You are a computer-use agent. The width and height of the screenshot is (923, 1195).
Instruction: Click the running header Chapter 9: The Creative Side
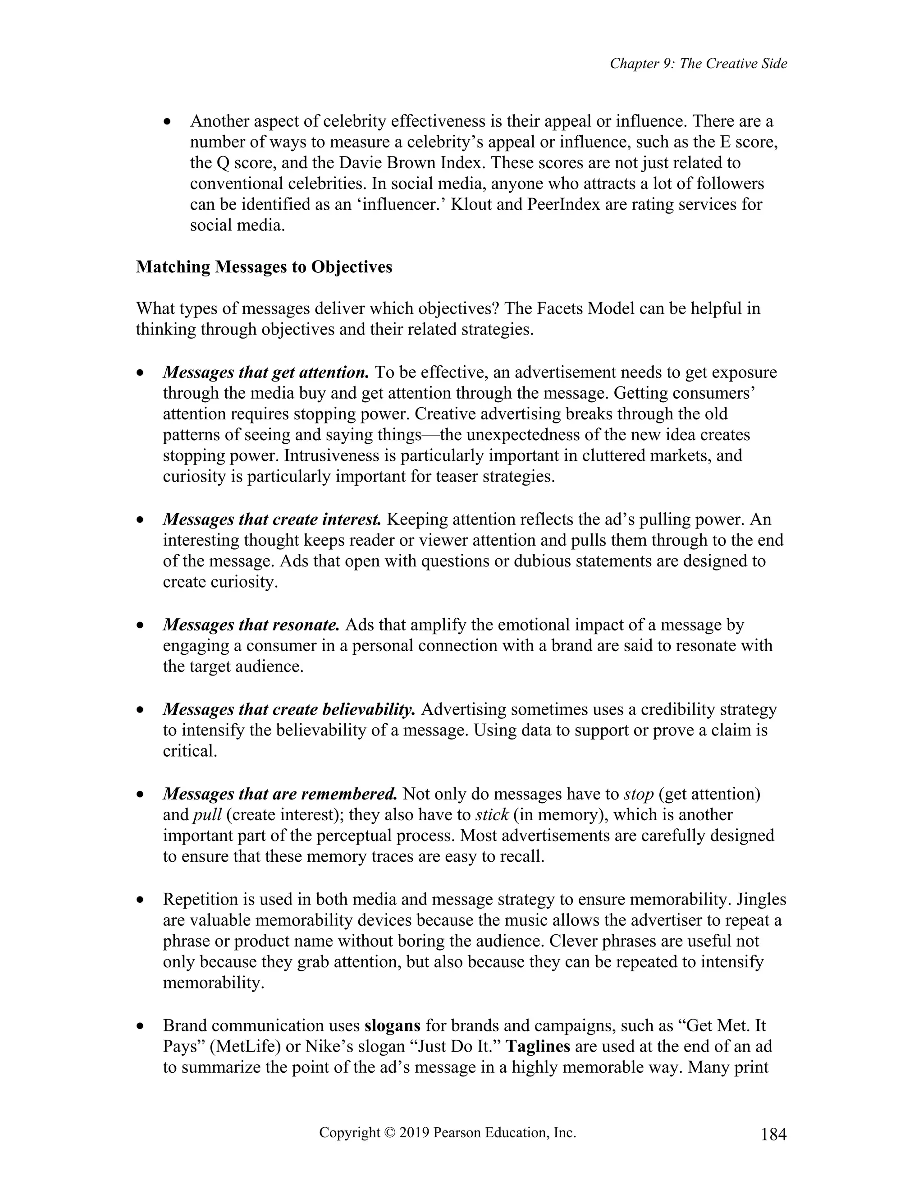pos(698,64)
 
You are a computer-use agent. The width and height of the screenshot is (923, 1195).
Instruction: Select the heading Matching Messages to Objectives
pos(264,267)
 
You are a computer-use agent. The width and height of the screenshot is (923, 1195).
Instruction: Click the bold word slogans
pos(392,1025)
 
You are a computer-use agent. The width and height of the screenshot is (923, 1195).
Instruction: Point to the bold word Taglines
pos(538,1046)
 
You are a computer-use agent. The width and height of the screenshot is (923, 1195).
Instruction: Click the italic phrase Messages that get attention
pos(266,372)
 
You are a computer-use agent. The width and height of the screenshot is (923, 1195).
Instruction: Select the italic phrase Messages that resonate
pos(251,625)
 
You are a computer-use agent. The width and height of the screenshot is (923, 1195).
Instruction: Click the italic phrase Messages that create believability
pos(289,710)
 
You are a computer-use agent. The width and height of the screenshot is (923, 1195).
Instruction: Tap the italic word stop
pos(638,794)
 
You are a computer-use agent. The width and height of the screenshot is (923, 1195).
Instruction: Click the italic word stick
pos(492,815)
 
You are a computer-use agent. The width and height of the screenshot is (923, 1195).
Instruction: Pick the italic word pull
pos(207,815)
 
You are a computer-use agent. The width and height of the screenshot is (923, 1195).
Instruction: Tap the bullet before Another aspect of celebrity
pos(168,121)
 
